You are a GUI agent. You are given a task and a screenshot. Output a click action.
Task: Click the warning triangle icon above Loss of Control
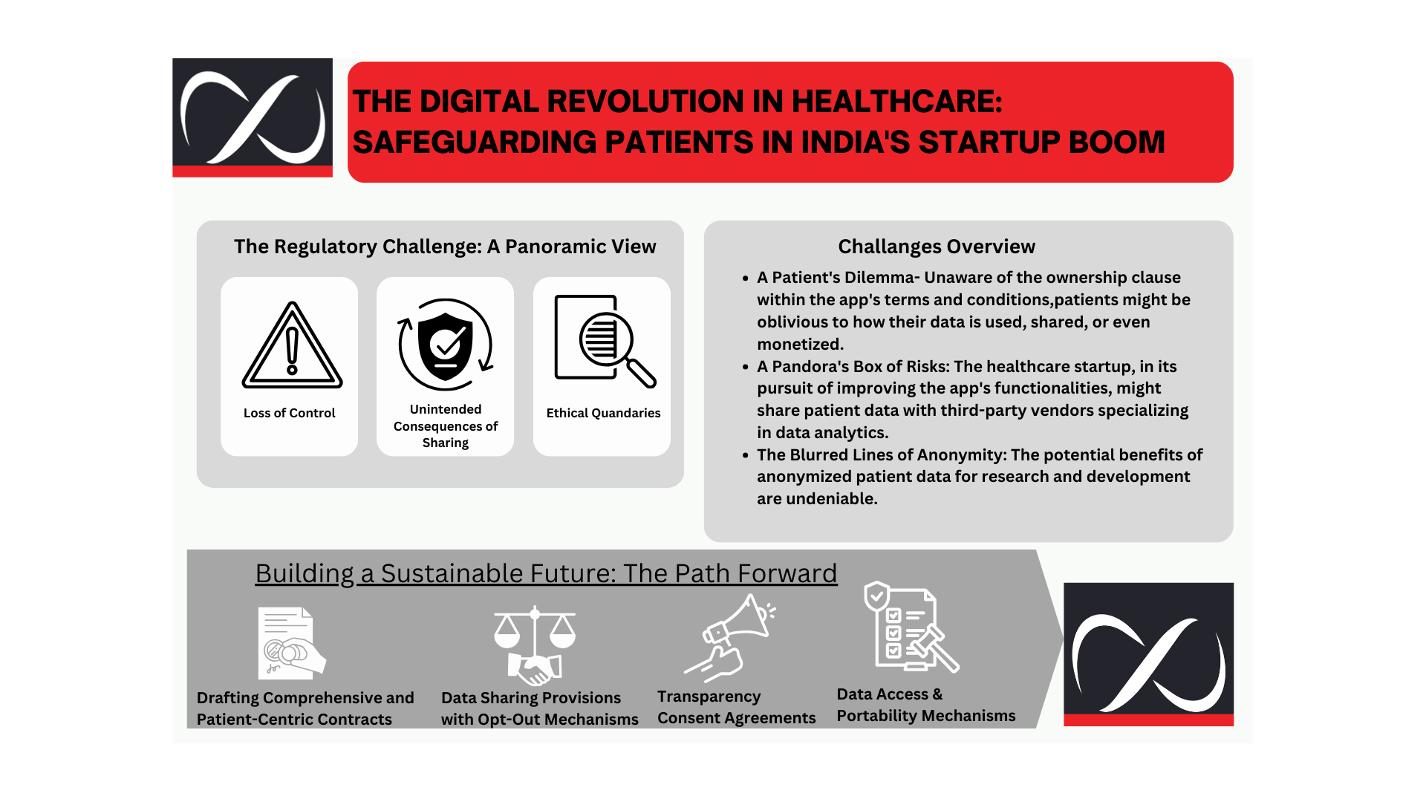click(292, 345)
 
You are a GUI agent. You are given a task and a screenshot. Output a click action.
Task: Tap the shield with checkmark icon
click(445, 345)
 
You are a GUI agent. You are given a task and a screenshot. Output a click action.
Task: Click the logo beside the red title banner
click(253, 117)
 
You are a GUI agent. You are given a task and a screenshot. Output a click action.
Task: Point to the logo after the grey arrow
click(1148, 654)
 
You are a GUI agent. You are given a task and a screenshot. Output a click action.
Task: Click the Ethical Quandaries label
click(603, 413)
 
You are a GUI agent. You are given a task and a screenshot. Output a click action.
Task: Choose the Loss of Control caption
click(290, 413)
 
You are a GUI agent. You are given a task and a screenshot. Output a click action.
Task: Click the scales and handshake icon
click(535, 645)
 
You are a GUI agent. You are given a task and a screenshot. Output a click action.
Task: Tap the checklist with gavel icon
click(911, 627)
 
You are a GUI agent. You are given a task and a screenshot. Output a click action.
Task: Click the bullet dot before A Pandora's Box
click(746, 367)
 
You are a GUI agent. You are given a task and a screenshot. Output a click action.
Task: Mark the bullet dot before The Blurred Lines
click(746, 455)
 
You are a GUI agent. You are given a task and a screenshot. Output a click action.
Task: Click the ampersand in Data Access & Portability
click(937, 694)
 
